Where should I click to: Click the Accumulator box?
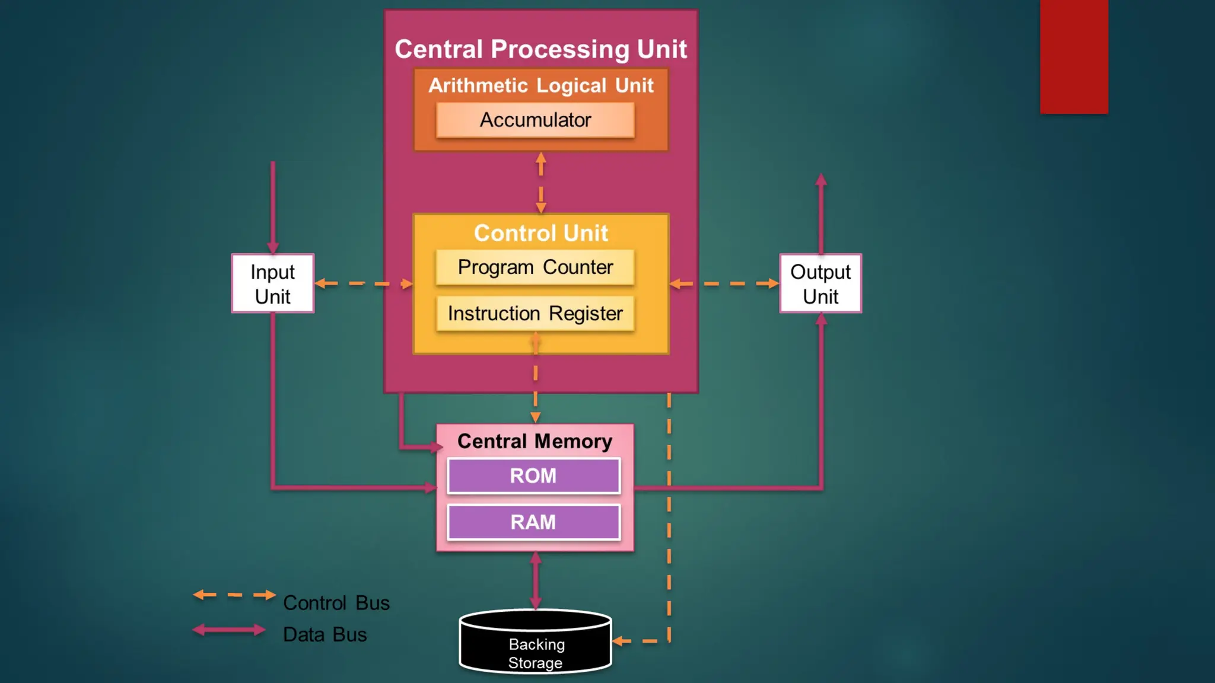pos(535,120)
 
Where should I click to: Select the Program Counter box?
pos(535,267)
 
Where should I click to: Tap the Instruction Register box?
pos(535,313)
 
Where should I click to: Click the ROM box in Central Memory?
pos(534,475)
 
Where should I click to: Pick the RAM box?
pos(534,522)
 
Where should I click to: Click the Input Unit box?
pos(273,283)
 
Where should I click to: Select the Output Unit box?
pos(820,283)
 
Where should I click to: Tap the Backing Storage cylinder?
pos(536,641)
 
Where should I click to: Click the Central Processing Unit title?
pos(541,49)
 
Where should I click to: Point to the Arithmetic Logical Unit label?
pos(541,85)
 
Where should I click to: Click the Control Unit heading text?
pos(541,233)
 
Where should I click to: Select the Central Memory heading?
pos(535,441)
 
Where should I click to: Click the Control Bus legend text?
pos(336,603)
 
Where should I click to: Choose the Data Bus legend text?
pos(325,634)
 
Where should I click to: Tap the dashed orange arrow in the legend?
pos(235,595)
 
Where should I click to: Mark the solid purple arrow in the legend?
pos(229,630)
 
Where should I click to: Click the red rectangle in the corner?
pos(1074,57)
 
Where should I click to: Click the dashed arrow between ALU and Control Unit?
pos(541,183)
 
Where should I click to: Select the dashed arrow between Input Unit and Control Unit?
pos(364,283)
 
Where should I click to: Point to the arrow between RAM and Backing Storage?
pos(536,581)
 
